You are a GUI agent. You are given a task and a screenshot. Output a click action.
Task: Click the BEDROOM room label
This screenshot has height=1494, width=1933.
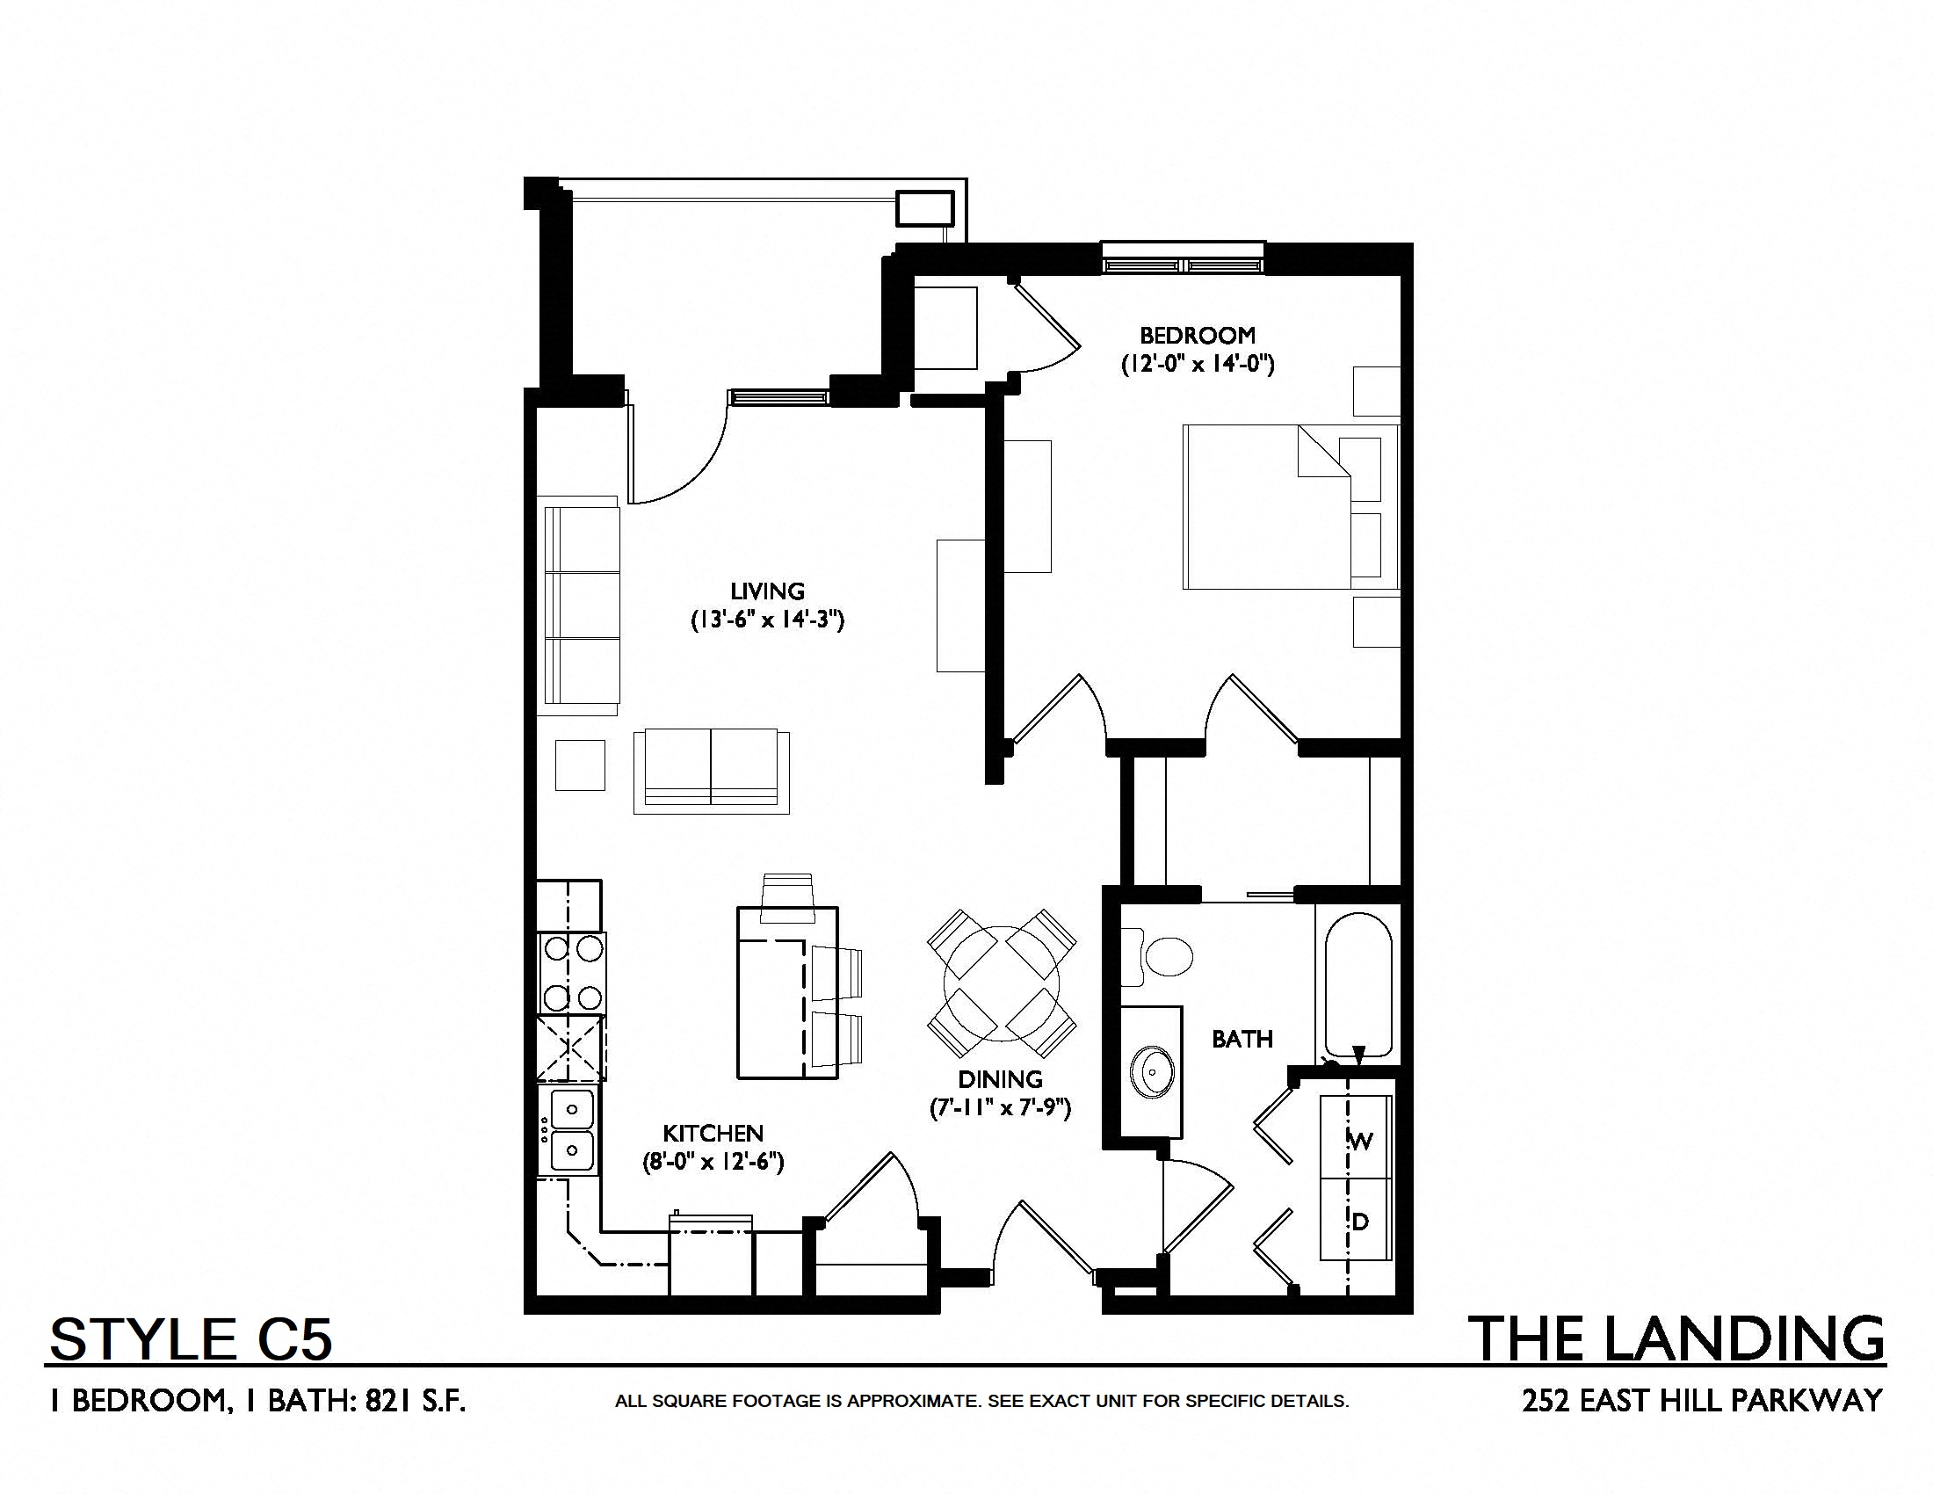(x=1198, y=336)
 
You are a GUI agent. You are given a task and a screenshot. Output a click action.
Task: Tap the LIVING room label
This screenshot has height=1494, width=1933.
(x=767, y=591)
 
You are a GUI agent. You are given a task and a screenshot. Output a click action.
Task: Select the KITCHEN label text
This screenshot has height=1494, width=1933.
(x=713, y=1133)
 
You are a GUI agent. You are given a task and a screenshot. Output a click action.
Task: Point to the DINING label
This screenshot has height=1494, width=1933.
(x=1000, y=1079)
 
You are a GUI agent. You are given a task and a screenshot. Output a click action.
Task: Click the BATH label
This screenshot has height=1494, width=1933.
(x=1242, y=1039)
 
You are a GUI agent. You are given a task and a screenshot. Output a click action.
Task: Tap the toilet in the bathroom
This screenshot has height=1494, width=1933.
(x=1157, y=957)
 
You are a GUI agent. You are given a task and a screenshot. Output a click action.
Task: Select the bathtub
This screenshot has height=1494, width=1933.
(x=1358, y=983)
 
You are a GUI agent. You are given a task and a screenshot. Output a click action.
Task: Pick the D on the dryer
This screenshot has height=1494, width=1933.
(x=1360, y=1222)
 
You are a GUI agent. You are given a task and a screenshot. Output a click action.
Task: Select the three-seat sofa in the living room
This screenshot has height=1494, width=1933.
(x=581, y=606)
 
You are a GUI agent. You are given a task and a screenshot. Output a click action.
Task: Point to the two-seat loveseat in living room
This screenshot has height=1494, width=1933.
(x=712, y=771)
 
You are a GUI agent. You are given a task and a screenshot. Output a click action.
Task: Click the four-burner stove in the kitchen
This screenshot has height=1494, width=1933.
(x=572, y=973)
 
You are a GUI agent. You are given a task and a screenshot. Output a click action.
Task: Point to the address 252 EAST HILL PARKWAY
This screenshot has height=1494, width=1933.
(x=1702, y=1400)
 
